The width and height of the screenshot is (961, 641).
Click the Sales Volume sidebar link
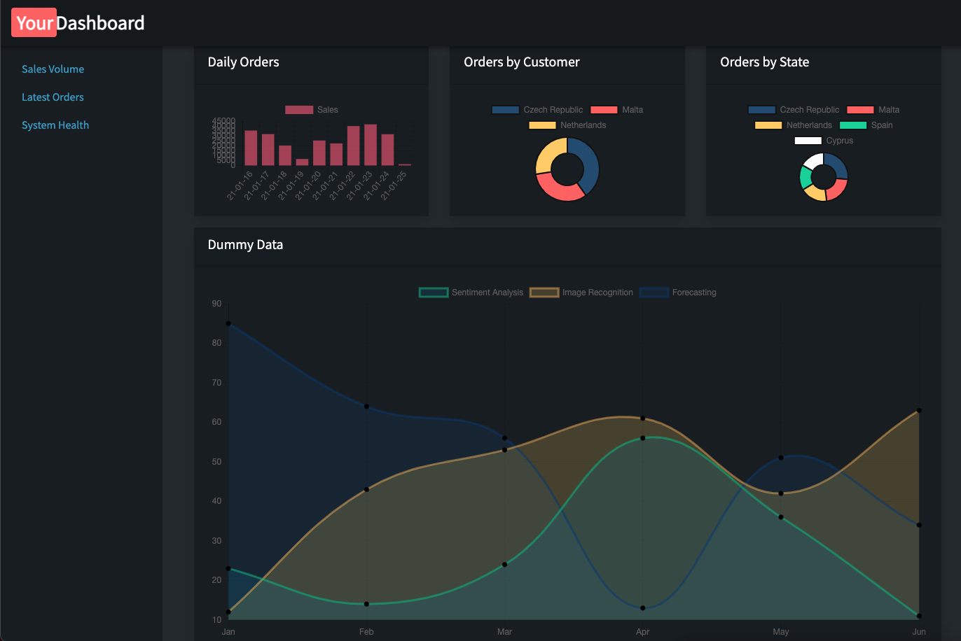coord(53,69)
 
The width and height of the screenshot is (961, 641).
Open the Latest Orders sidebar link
coord(53,97)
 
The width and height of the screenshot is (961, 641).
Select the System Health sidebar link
coord(55,125)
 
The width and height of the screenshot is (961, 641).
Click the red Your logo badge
coord(34,23)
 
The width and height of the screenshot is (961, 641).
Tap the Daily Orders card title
coord(243,62)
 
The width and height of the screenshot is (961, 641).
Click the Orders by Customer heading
coord(521,62)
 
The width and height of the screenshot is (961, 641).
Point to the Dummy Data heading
coord(245,245)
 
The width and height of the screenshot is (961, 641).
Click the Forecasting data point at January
coord(228,323)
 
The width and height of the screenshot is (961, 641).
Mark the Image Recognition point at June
coord(919,411)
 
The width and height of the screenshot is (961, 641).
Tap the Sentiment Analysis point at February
coord(366,604)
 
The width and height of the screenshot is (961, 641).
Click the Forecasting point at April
coord(643,608)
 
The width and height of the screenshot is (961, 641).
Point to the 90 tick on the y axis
coord(216,304)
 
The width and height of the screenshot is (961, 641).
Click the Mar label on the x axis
coord(504,632)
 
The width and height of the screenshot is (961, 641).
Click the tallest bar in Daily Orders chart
coord(371,145)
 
